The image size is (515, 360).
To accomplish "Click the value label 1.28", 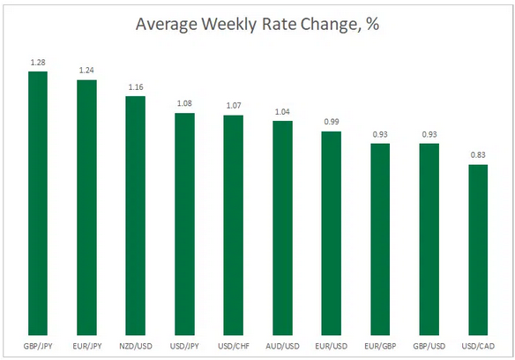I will point(38,64).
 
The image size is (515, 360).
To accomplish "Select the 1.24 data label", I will point(86,71).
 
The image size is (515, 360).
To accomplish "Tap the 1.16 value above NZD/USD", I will point(135,87).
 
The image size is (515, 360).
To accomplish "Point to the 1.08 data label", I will point(184,104).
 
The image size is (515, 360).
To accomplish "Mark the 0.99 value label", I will point(331,123).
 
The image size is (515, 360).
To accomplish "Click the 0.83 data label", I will point(477,155).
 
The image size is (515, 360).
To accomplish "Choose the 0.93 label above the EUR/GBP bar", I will point(379,134).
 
